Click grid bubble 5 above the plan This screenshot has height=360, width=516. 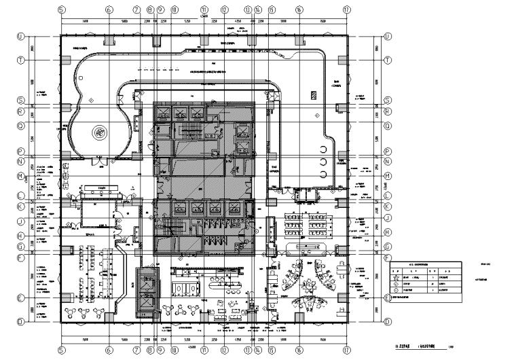tap(61, 10)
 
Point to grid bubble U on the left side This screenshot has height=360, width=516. tap(20, 37)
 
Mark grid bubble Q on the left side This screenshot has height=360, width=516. tap(20, 125)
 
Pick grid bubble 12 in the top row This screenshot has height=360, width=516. tap(225, 10)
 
